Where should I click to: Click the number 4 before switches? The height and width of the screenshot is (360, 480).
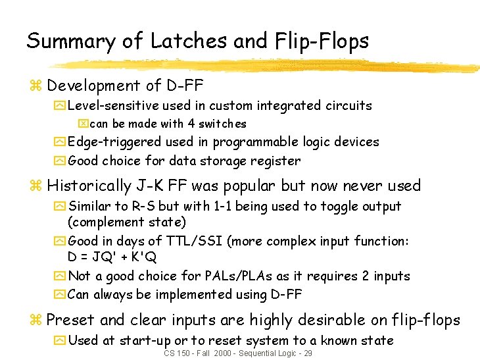coord(190,124)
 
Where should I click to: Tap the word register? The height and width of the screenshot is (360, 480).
coord(276,161)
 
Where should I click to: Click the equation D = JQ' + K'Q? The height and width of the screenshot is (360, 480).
coord(112,257)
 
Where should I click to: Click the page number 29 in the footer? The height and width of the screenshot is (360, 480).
coord(306,353)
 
